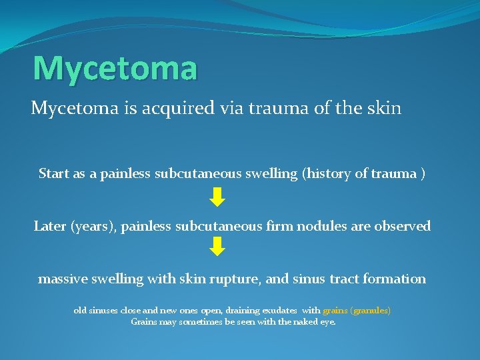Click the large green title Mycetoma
[x=115, y=69]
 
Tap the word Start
[x=53, y=174]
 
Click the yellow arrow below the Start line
[x=217, y=197]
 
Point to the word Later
[x=50, y=226]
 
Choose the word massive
[x=63, y=279]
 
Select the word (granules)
[x=371, y=311]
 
